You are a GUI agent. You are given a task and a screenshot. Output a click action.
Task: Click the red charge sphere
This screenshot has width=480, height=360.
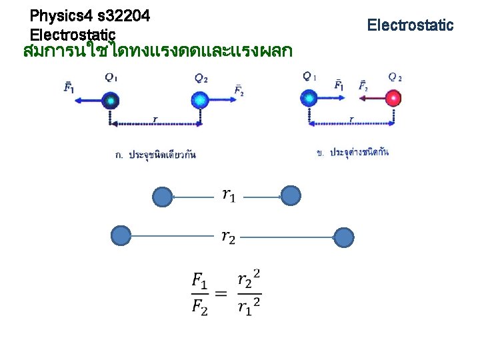(x=394, y=99)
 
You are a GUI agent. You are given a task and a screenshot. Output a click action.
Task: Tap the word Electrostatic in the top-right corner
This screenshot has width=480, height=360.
(x=410, y=25)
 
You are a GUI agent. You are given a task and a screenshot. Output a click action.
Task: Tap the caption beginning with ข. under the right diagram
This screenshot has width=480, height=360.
(x=353, y=153)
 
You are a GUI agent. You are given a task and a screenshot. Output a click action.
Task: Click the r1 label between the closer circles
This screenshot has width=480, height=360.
(x=229, y=195)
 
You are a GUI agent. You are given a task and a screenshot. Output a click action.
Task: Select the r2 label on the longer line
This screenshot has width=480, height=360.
(x=228, y=237)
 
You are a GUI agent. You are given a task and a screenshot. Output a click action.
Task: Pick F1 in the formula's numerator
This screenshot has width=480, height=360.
(x=200, y=281)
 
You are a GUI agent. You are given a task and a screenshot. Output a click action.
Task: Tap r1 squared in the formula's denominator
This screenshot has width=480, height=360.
(x=249, y=307)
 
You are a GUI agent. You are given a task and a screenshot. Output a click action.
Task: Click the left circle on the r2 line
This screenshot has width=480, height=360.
(x=120, y=236)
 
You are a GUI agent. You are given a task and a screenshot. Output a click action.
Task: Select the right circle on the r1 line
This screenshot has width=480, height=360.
(x=291, y=195)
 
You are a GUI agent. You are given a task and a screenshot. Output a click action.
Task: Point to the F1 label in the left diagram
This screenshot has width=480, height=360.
(x=69, y=87)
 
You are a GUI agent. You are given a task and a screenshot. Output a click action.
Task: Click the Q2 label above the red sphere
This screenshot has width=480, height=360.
(x=395, y=77)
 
